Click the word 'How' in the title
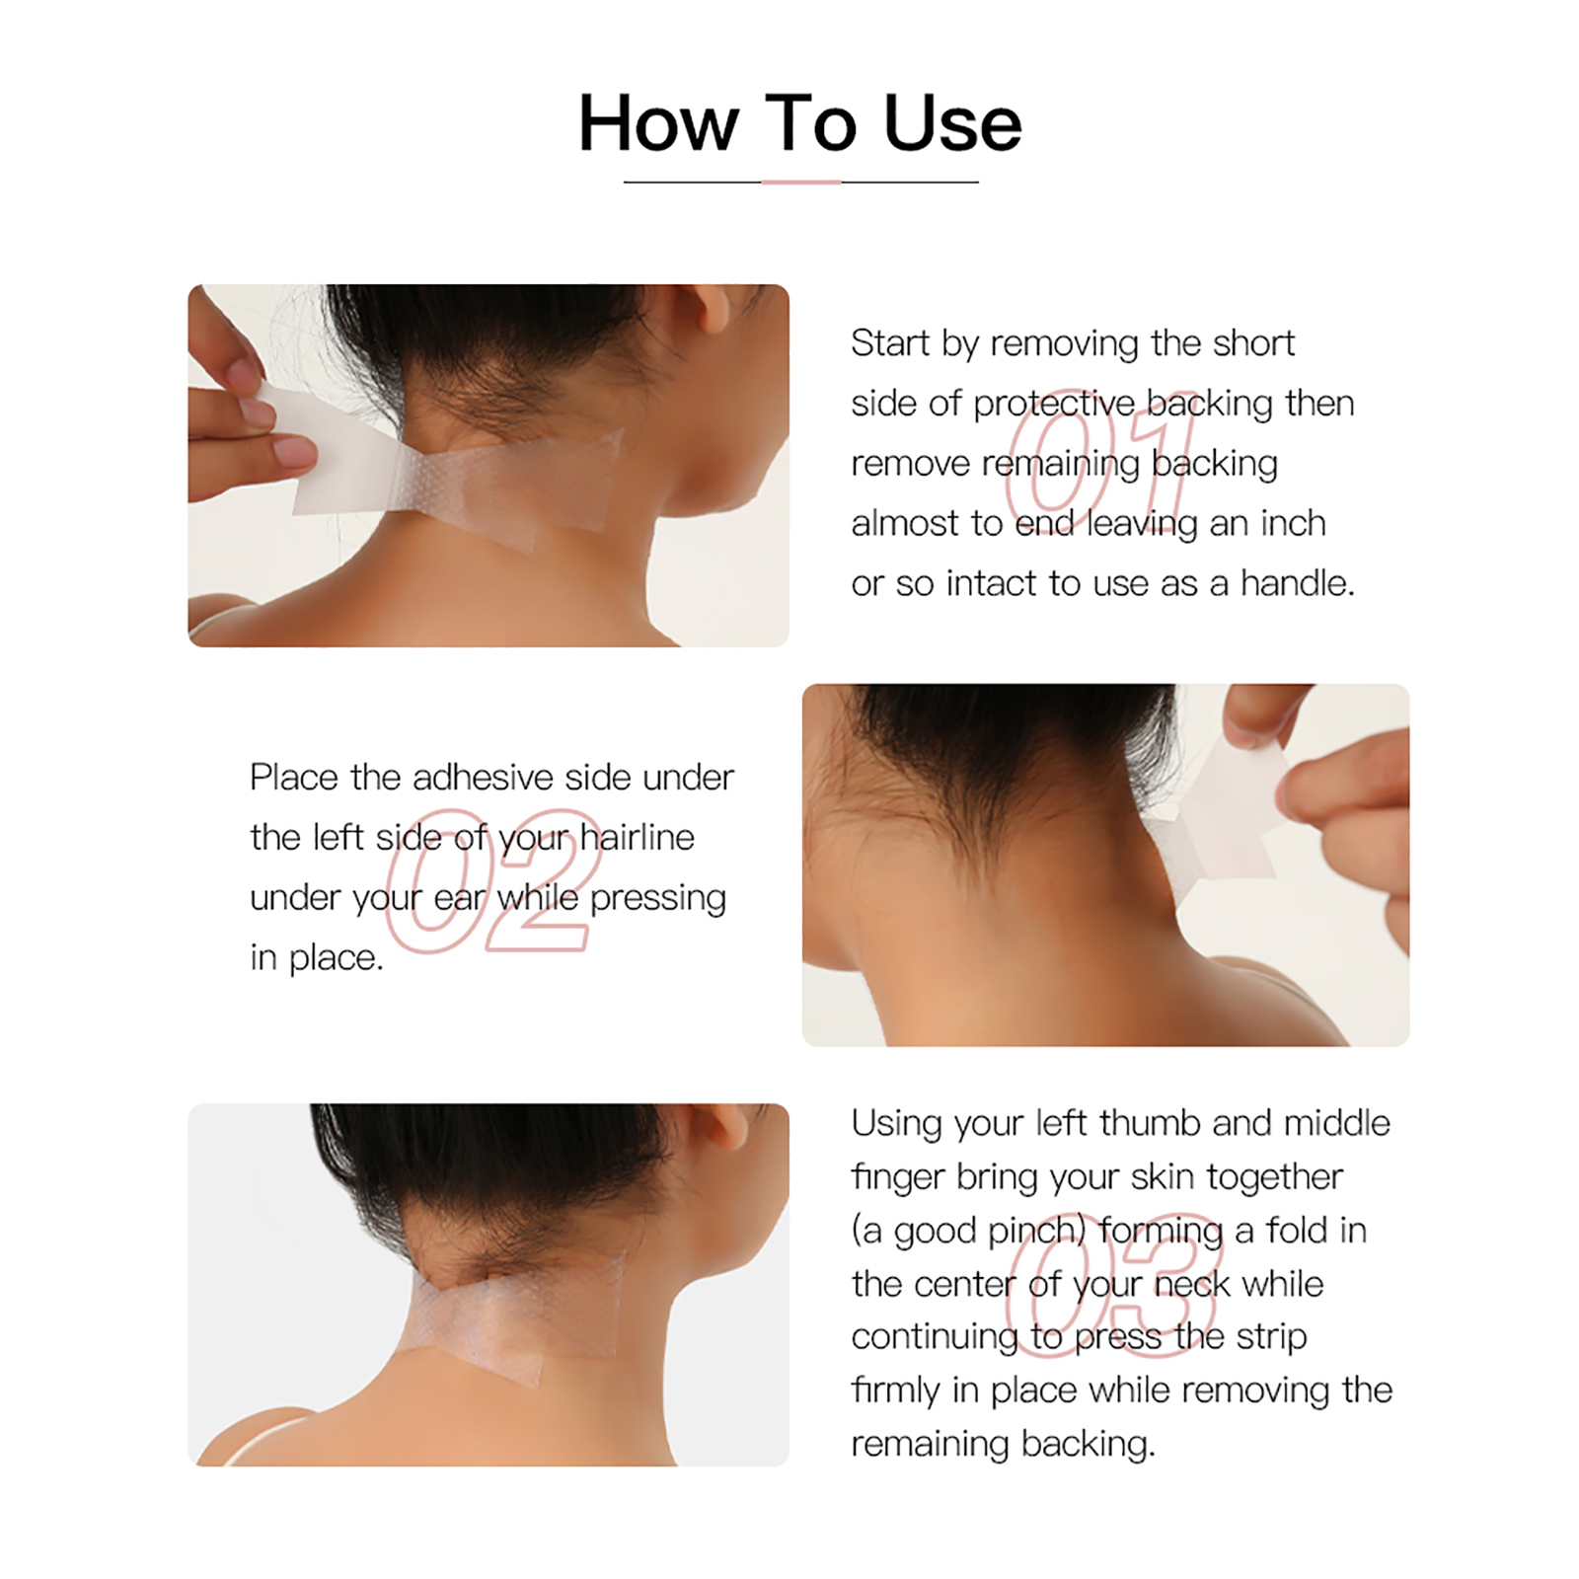point(658,123)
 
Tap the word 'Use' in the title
point(952,123)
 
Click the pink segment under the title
point(801,183)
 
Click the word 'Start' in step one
point(891,343)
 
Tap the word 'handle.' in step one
point(1298,583)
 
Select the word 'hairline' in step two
point(638,838)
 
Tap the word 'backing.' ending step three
point(1088,1444)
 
